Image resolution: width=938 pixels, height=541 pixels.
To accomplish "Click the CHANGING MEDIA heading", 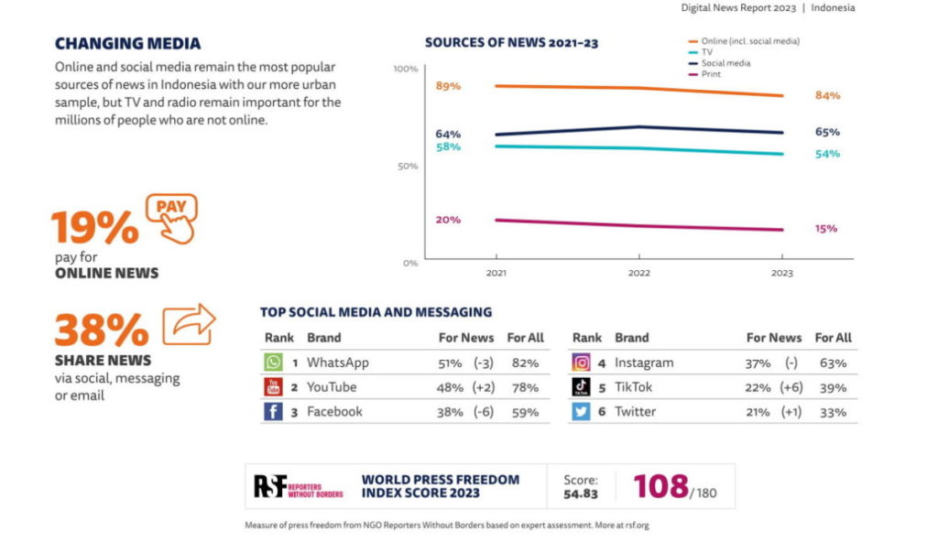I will (x=127, y=44).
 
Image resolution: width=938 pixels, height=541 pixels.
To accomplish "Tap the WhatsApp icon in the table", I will (x=273, y=362).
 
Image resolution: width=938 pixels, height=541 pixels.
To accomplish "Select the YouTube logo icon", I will (x=273, y=387).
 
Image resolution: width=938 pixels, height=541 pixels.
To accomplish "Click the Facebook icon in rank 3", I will (x=273, y=412).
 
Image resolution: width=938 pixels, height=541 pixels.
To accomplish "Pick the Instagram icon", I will (x=581, y=362).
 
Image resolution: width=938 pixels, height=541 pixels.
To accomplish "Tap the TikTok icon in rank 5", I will (x=581, y=387).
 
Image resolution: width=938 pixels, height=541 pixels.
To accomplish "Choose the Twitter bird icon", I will (x=581, y=412).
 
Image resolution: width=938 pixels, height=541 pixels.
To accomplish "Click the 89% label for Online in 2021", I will (x=448, y=86).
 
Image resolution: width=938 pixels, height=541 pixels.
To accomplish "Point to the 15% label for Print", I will (x=826, y=229).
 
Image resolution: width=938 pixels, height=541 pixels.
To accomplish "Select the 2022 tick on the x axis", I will (x=638, y=274).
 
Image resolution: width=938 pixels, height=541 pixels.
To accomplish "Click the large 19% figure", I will (x=94, y=228).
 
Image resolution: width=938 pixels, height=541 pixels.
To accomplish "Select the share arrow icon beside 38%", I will (x=189, y=324).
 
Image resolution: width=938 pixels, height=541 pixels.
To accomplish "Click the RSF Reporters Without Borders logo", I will (x=298, y=486).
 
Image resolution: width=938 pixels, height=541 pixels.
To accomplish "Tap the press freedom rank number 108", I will (x=660, y=486).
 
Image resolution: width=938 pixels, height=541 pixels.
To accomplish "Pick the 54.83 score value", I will (x=581, y=494).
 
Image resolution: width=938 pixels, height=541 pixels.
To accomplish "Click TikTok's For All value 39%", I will (x=832, y=387).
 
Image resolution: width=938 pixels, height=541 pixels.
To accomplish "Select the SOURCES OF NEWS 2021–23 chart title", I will (x=511, y=43).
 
